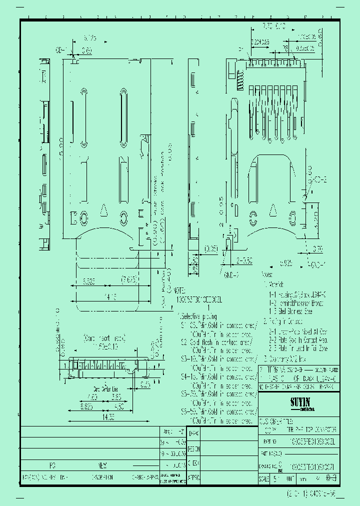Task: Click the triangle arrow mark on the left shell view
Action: point(103,210)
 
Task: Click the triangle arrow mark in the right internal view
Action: point(273,210)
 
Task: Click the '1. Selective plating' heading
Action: point(199,316)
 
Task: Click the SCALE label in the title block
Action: point(264,478)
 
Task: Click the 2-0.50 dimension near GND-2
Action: point(245,260)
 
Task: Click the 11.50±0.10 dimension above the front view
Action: point(104,346)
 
